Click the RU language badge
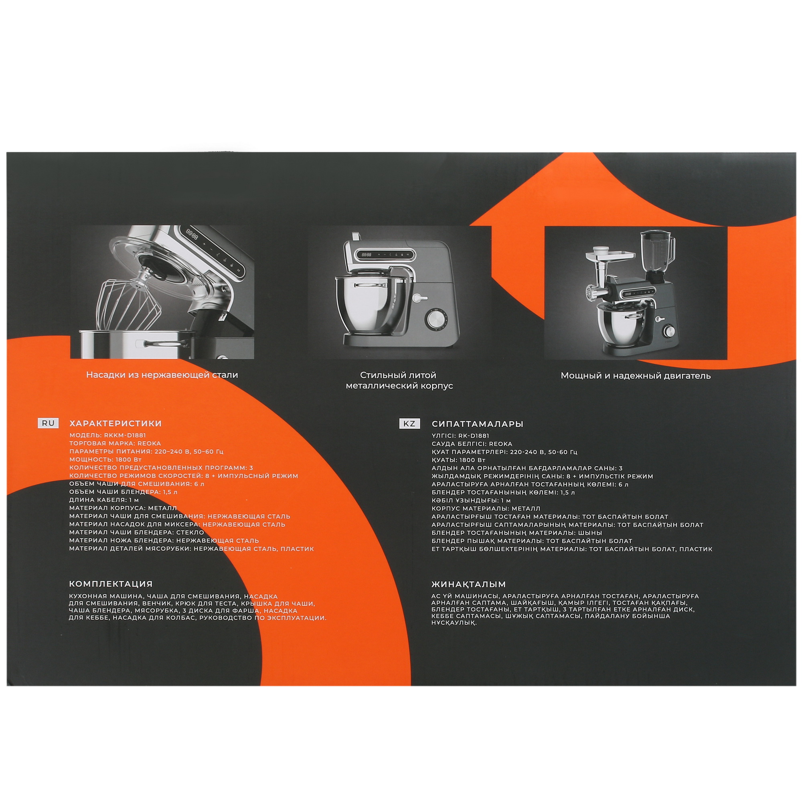click(x=48, y=423)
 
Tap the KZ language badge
click(x=409, y=423)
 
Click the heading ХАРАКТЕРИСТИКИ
click(x=115, y=423)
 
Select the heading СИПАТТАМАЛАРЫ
click(x=477, y=424)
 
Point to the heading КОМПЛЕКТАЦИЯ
click(x=111, y=583)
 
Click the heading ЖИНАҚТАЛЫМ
click(x=469, y=584)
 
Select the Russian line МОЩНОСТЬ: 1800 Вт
click(x=105, y=460)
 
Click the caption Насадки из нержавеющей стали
click(x=162, y=375)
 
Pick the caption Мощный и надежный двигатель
click(x=636, y=376)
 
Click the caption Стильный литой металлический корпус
click(x=399, y=380)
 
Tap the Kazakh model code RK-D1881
click(x=473, y=436)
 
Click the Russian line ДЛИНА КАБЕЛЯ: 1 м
click(x=104, y=500)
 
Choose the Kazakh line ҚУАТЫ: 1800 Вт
click(x=458, y=460)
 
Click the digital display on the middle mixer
click(x=367, y=255)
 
